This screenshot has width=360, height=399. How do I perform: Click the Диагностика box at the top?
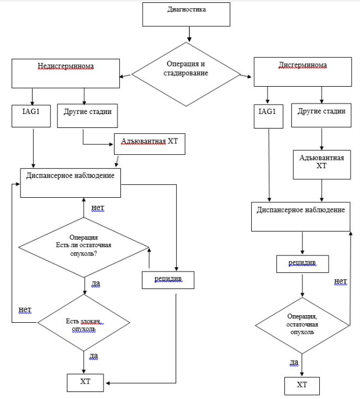pyautogui.click(x=186, y=14)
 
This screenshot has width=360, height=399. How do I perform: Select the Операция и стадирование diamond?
pyautogui.click(x=186, y=74)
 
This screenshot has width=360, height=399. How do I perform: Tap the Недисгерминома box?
pyautogui.click(x=66, y=73)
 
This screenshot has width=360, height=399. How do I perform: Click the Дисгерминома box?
pyautogui.click(x=303, y=72)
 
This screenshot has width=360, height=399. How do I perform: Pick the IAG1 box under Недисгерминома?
pyautogui.click(x=31, y=116)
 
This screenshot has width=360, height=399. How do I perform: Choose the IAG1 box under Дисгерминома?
pyautogui.click(x=269, y=116)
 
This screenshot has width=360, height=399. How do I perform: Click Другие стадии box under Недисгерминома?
pyautogui.click(x=87, y=116)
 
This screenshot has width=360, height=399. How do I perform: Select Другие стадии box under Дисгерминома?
pyautogui.click(x=322, y=115)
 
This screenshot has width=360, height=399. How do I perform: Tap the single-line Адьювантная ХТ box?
pyautogui.click(x=149, y=144)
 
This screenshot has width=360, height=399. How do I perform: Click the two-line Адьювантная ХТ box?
pyautogui.click(x=322, y=165)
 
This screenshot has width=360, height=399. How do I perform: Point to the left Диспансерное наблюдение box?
pyautogui.click(x=70, y=183)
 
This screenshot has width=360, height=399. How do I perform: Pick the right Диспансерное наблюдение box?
pyautogui.click(x=301, y=216)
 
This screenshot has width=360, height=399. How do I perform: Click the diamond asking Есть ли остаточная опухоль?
pyautogui.click(x=84, y=247)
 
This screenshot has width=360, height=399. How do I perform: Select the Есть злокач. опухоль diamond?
pyautogui.click(x=84, y=323)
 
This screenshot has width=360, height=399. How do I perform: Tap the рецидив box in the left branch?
pyautogui.click(x=168, y=280)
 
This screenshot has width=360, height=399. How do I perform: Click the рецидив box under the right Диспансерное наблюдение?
pyautogui.click(x=302, y=264)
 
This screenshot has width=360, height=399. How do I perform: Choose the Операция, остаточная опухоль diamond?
pyautogui.click(x=302, y=326)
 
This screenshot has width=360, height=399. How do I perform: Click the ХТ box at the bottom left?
pyautogui.click(x=85, y=383)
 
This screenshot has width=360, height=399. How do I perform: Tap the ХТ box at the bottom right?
pyautogui.click(x=302, y=386)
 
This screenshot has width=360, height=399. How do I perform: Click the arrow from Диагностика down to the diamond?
pyautogui.click(x=189, y=34)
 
